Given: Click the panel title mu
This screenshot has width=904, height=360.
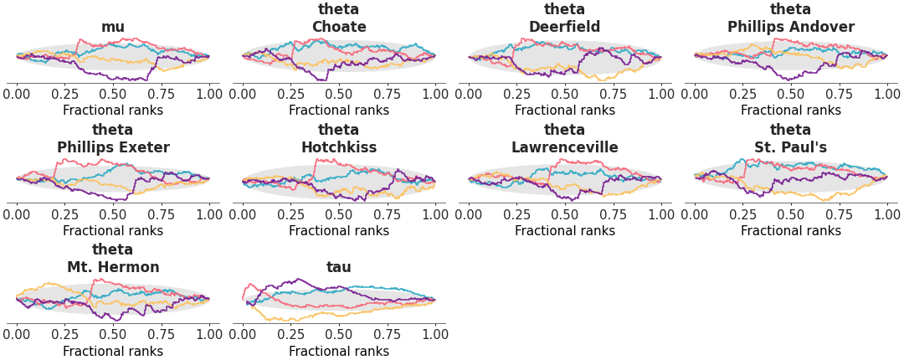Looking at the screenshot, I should [x=113, y=27].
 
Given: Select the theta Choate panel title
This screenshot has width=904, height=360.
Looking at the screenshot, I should [x=339, y=18].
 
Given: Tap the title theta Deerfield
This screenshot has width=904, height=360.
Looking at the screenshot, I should [x=565, y=18].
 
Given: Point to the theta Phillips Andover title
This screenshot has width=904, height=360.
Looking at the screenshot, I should [x=791, y=18].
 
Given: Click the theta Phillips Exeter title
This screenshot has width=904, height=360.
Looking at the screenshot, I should [x=113, y=139].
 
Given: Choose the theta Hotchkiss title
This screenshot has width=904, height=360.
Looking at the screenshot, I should [x=339, y=139].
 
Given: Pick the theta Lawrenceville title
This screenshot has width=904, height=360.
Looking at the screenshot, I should [x=565, y=139].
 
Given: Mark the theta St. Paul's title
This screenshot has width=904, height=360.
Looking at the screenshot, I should [x=791, y=139].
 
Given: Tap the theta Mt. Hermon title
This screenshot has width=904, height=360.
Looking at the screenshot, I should [x=113, y=259].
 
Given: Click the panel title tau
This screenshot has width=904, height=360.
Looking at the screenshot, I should [x=339, y=267].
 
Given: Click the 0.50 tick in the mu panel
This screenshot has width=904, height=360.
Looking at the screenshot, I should [x=113, y=94].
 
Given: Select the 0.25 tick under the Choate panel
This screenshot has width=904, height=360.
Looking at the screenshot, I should [x=290, y=94].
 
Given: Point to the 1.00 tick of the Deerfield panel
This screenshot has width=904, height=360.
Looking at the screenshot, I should [x=661, y=94].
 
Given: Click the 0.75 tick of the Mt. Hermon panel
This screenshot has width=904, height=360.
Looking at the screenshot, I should [x=161, y=334].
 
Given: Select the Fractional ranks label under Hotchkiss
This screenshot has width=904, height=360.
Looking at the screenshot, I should [x=339, y=231].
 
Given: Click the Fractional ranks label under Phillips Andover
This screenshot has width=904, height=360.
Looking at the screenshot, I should [x=791, y=111].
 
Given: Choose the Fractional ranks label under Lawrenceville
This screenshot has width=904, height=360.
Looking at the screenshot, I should [x=565, y=231].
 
